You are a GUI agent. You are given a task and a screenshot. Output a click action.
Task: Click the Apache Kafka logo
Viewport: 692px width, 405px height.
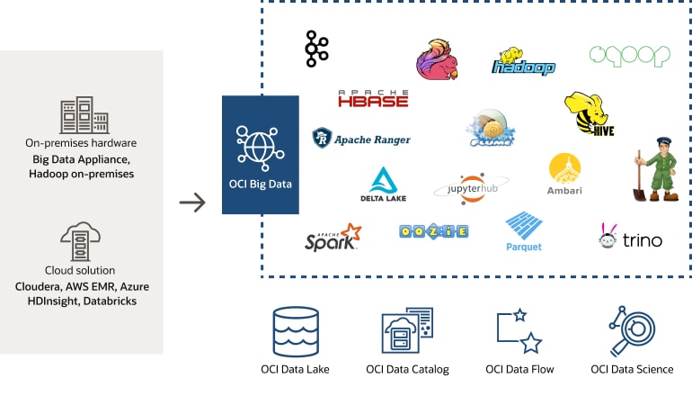click(316, 49)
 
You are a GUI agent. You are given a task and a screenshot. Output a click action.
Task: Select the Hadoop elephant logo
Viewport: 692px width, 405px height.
click(523, 61)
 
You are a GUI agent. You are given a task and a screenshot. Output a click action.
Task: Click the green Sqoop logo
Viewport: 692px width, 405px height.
click(630, 55)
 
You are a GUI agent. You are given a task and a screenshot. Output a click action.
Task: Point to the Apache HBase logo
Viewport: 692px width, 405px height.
click(373, 98)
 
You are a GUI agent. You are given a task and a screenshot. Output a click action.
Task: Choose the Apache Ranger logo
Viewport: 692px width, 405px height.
click(361, 139)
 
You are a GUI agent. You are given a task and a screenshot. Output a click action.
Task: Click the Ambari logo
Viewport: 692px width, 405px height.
click(564, 175)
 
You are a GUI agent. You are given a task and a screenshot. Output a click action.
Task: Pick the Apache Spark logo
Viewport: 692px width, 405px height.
click(333, 238)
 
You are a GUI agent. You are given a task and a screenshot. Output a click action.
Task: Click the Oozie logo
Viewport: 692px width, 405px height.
click(433, 231)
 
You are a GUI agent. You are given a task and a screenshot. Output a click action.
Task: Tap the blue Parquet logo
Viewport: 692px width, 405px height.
click(523, 231)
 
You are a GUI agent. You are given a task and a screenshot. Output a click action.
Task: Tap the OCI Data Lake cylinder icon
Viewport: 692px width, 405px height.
click(296, 332)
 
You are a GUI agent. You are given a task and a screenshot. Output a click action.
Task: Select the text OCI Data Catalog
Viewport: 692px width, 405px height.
click(407, 369)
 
